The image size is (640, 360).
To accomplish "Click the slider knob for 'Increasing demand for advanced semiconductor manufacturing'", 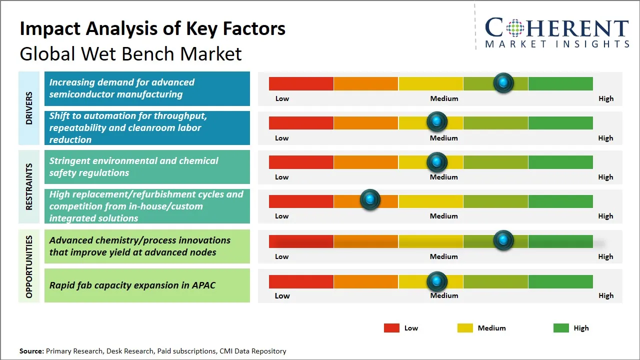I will [x=503, y=83].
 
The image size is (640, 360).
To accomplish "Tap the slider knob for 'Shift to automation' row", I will [x=437, y=121].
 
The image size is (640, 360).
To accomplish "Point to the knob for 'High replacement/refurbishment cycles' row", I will [x=370, y=200].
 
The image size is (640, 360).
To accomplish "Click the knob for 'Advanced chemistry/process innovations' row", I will [x=503, y=240].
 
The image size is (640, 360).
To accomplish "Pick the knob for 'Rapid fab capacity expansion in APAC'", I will [x=437, y=281].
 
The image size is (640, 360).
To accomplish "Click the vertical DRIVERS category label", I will [x=29, y=108].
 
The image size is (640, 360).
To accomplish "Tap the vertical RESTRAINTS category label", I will [x=29, y=186].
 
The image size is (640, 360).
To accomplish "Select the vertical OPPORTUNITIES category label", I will [x=29, y=266].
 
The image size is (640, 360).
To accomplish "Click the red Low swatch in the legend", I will [x=391, y=328].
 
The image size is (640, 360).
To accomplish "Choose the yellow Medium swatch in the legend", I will [x=465, y=328].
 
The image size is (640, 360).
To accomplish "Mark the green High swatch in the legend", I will [x=561, y=328].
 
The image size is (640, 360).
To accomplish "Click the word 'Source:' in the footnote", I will [x=31, y=351].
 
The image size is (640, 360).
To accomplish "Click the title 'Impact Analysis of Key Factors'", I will [x=152, y=28].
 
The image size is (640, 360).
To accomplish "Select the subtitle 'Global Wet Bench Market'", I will [x=130, y=54].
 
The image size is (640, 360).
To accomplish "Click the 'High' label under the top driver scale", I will [x=605, y=98].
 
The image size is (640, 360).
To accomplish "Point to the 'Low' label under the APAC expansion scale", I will [x=282, y=295].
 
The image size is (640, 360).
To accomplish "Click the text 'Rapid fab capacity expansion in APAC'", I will [x=132, y=285].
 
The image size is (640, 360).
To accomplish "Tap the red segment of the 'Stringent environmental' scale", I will [x=301, y=162].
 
